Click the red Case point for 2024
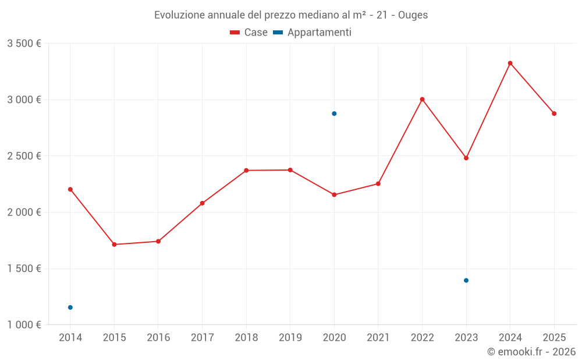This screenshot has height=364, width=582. click(510, 63)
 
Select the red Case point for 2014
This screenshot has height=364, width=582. click(70, 189)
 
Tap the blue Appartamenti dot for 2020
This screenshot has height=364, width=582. click(334, 114)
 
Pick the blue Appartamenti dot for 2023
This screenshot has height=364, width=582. click(466, 280)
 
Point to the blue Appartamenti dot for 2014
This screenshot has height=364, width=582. click(70, 308)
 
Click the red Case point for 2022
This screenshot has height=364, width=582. click(422, 99)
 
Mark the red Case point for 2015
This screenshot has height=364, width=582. click(114, 245)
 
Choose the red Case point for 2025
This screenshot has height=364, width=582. click(554, 114)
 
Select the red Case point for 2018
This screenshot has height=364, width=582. click(246, 171)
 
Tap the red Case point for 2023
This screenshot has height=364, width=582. click(466, 158)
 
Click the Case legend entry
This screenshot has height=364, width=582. click(249, 33)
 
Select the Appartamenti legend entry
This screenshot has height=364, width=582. click(313, 33)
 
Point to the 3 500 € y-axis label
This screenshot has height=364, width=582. click(24, 44)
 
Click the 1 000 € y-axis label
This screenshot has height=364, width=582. click(24, 325)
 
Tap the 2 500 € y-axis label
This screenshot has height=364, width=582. click(24, 156)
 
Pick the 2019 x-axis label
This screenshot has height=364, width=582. click(290, 338)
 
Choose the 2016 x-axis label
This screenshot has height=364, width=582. click(158, 338)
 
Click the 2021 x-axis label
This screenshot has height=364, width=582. click(378, 338)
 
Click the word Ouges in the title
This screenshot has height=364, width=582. click(413, 15)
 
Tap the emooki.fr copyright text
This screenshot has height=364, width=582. click(531, 352)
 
